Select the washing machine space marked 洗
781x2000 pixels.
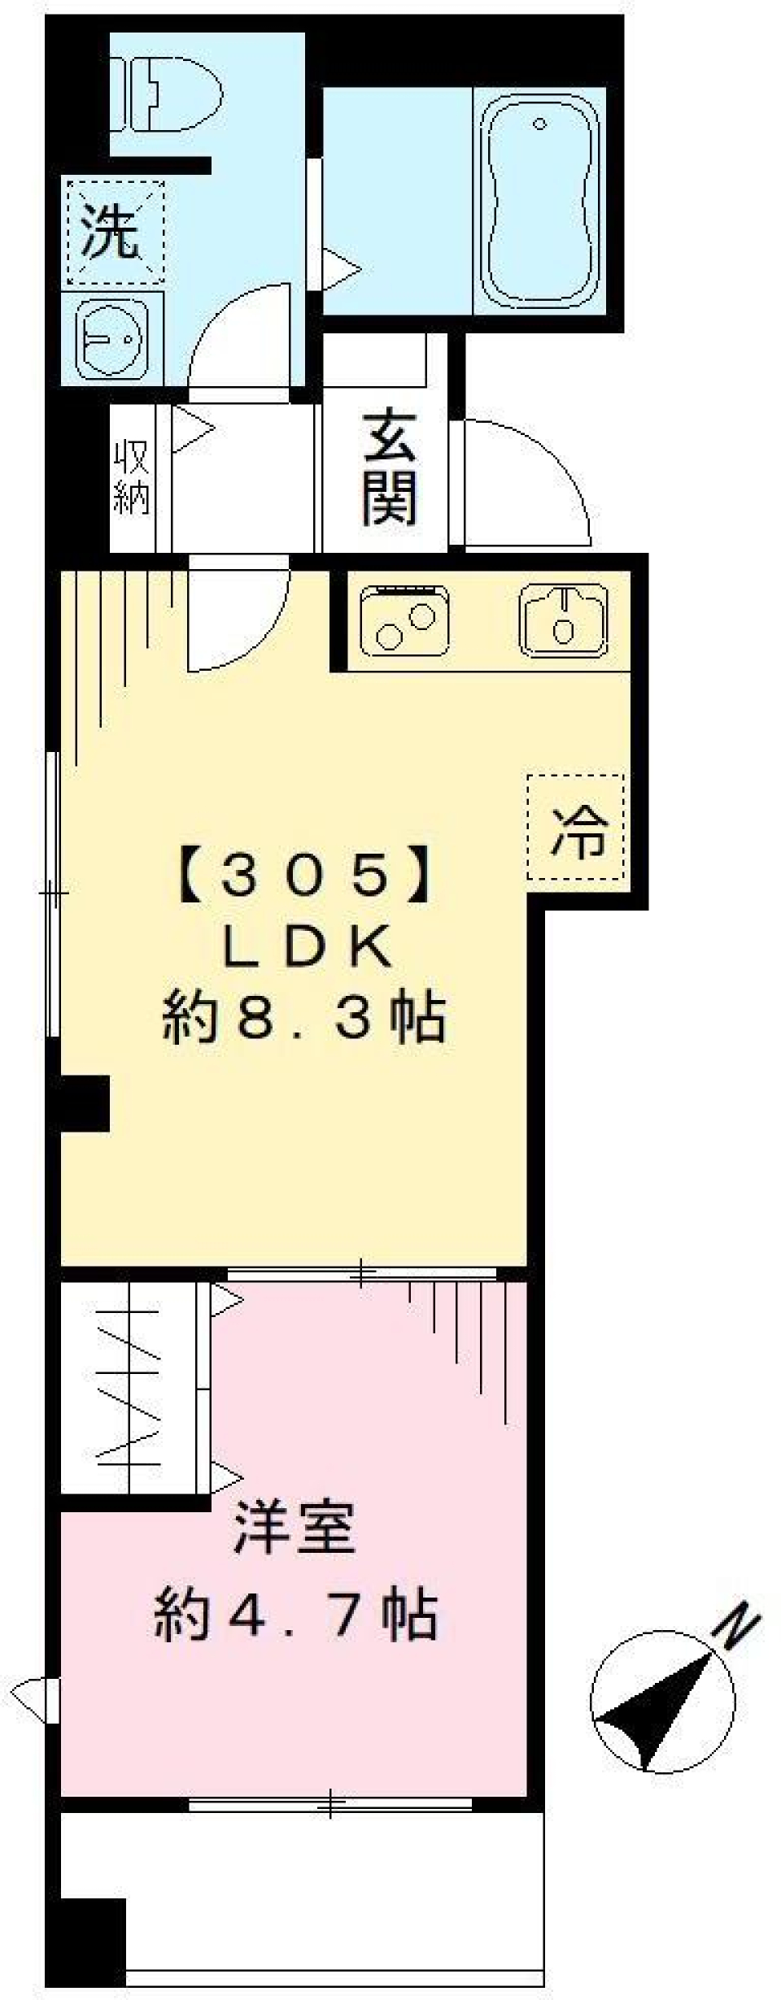coord(114,232)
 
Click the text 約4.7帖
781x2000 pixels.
coord(297,1615)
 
